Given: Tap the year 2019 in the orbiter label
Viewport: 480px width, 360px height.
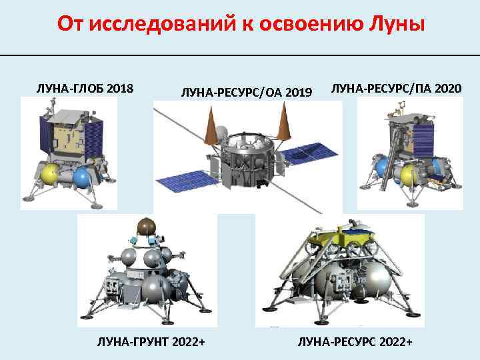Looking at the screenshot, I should (x=298, y=91).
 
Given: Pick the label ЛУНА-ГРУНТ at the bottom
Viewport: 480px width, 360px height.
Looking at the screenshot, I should (x=130, y=342).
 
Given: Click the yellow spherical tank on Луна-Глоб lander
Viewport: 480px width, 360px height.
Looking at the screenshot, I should (x=49, y=175).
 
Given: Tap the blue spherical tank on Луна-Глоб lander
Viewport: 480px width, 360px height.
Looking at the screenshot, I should (x=82, y=177).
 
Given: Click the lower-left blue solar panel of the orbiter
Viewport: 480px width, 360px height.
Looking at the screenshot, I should (x=183, y=178).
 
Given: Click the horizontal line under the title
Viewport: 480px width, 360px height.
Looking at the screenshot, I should (x=240, y=55).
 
